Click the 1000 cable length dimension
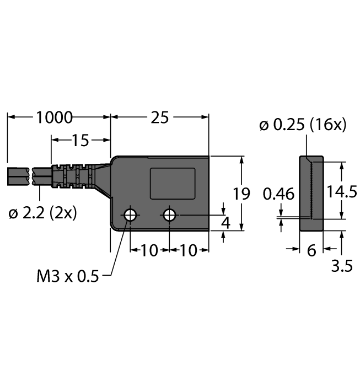tap(55, 117)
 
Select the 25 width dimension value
tap(160, 117)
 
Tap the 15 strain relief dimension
tap(80, 140)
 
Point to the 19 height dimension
tap(241, 194)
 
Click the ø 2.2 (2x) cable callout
tap(42, 213)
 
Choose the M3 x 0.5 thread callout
tap(68, 276)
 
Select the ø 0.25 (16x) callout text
tap(303, 125)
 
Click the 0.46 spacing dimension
tap(278, 194)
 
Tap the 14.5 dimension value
tap(342, 191)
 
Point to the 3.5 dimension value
tap(342, 266)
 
